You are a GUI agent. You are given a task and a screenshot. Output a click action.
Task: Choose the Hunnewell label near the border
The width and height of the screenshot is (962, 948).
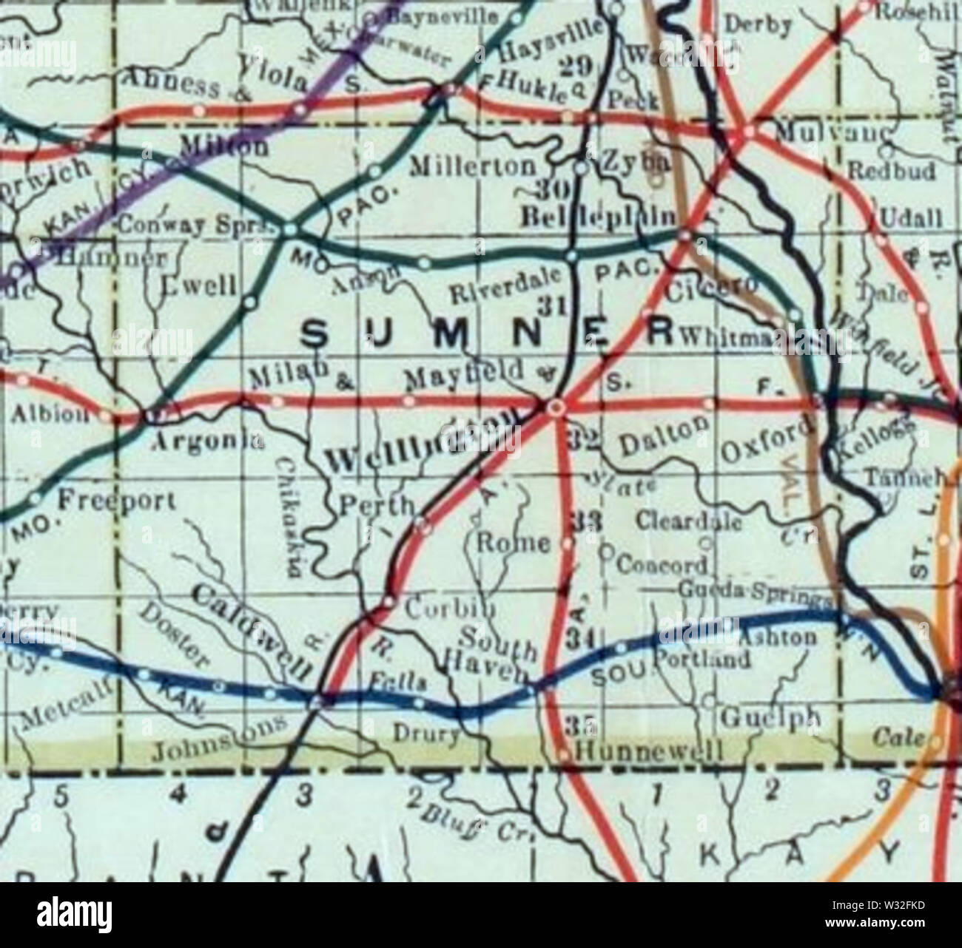click(x=647, y=752)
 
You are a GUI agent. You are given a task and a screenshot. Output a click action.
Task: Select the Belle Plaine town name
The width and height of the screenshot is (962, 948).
click(x=599, y=217)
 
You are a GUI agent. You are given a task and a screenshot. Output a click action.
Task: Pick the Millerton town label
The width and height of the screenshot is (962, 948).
click(x=473, y=166)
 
